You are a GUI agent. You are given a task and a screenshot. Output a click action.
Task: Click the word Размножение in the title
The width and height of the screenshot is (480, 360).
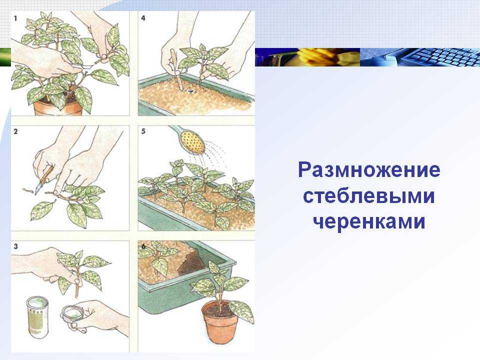(x=369, y=170)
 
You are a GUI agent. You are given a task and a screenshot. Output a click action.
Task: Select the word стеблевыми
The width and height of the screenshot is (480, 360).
(x=369, y=196)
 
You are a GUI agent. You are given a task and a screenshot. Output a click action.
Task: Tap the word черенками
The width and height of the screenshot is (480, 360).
(x=369, y=221)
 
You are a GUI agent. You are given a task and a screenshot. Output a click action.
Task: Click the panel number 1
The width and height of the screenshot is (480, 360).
(x=15, y=18)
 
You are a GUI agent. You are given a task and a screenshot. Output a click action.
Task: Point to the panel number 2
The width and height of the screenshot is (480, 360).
(x=15, y=131)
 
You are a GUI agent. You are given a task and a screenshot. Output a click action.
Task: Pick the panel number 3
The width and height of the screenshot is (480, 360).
(x=15, y=246)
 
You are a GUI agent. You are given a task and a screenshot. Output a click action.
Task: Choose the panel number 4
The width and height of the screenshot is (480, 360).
(x=143, y=18)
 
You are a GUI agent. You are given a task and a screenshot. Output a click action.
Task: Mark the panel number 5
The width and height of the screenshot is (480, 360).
(x=143, y=131)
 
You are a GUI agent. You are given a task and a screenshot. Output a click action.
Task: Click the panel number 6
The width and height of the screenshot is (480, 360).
(x=143, y=246)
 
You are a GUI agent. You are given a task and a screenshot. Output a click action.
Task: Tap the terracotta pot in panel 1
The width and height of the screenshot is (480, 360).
(x=57, y=107)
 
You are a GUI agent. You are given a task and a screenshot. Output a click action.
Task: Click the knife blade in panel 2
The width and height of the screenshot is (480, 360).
(x=39, y=187)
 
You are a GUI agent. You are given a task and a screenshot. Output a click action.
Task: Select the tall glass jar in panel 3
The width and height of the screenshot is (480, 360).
(x=37, y=317)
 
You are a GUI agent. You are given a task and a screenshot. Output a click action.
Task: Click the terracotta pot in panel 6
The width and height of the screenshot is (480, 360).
(x=219, y=321)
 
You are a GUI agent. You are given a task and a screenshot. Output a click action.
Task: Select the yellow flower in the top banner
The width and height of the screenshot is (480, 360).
(x=318, y=56)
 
